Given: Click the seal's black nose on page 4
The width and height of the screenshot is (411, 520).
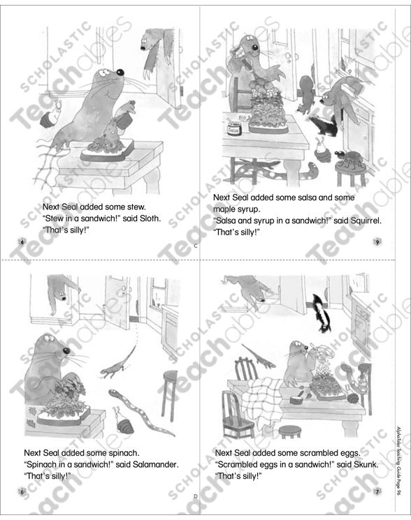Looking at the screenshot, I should [x=120, y=72].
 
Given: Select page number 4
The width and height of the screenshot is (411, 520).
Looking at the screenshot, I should [x=22, y=242].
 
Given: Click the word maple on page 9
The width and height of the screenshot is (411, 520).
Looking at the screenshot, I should [x=225, y=209].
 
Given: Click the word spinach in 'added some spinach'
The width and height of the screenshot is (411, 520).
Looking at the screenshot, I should [x=122, y=452].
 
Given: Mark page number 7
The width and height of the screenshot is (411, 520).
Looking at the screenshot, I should [x=377, y=492].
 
